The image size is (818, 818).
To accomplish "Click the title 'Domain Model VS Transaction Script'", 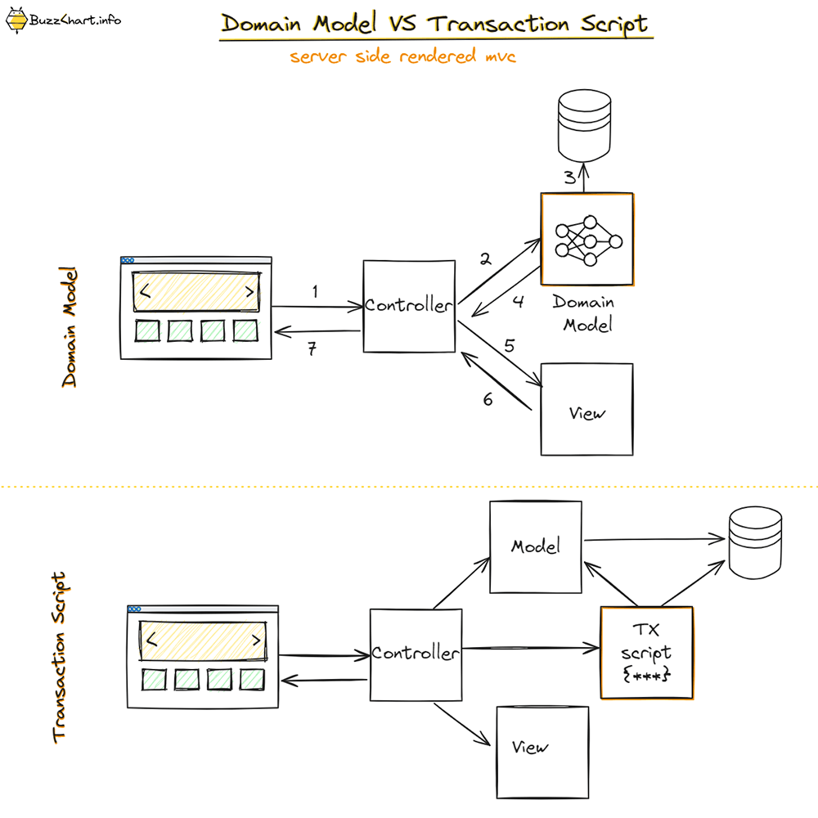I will pyautogui.click(x=436, y=24).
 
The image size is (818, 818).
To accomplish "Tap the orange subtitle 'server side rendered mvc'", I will pyautogui.click(x=402, y=57).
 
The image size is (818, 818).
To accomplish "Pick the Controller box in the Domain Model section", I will pyautogui.click(x=409, y=307).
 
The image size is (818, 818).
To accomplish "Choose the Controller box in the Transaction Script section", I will pyautogui.click(x=415, y=654).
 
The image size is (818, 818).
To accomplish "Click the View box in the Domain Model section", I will pyautogui.click(x=587, y=409).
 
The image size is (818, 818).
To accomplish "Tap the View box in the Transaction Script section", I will pyautogui.click(x=542, y=752).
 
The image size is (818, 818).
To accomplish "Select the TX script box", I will pyautogui.click(x=646, y=653).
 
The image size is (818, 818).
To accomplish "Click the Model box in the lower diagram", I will pyautogui.click(x=535, y=546).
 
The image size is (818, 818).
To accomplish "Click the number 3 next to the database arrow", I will pyautogui.click(x=569, y=178).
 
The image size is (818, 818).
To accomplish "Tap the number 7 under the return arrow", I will pyautogui.click(x=312, y=349).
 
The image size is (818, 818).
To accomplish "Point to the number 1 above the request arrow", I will pyautogui.click(x=315, y=291).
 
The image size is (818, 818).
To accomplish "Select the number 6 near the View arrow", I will pyautogui.click(x=488, y=400).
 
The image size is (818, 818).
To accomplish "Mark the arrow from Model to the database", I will pyautogui.click(x=654, y=539).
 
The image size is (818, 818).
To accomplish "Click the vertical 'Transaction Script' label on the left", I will pyautogui.click(x=59, y=658).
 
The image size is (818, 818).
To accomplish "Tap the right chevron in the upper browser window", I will pyautogui.click(x=249, y=290).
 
